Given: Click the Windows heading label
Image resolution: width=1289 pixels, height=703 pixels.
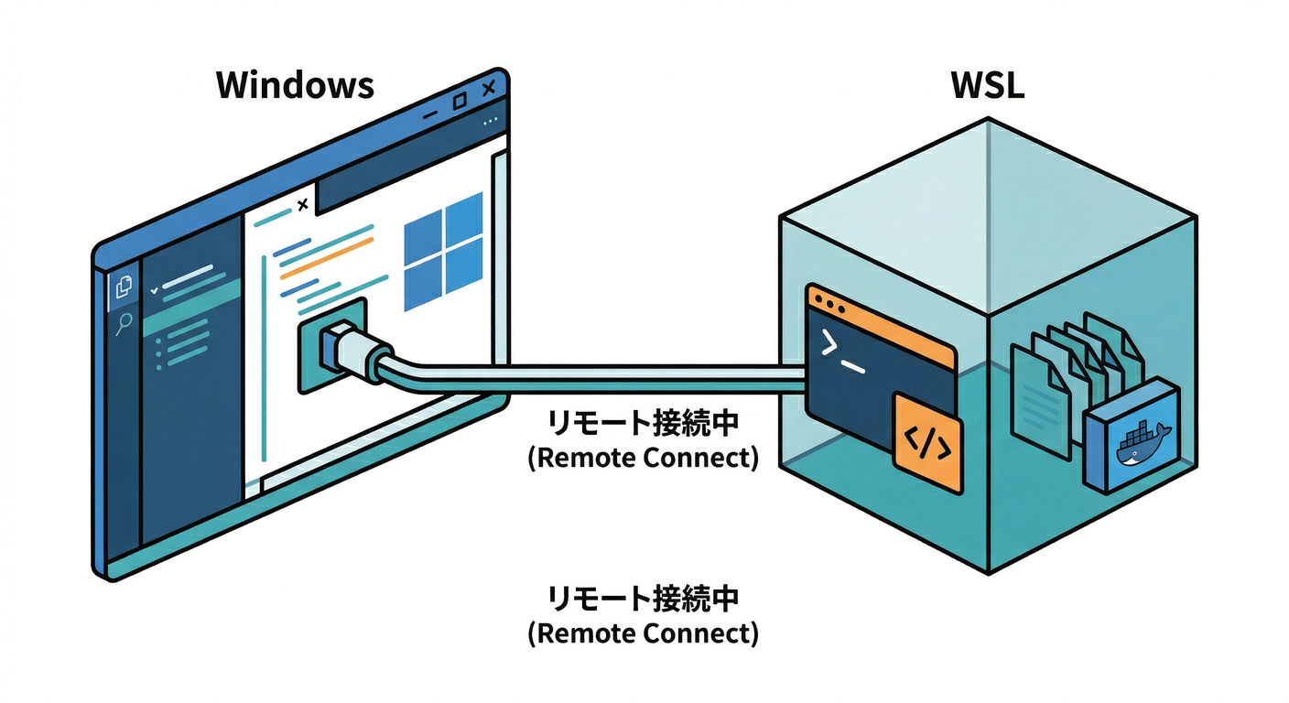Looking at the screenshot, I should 295,85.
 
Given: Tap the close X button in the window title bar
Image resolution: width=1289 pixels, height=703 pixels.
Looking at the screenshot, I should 488,88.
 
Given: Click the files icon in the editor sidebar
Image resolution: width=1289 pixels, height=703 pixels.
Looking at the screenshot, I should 123,288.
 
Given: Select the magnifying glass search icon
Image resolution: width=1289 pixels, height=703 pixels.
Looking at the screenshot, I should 123,323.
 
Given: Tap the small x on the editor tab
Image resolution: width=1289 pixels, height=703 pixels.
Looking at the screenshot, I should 303,205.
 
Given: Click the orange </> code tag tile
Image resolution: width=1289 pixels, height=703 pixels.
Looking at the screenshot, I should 927,442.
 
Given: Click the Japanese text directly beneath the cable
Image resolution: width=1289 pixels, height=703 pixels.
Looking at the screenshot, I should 643,424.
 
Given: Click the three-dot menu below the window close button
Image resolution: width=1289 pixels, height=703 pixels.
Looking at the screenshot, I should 492,120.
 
